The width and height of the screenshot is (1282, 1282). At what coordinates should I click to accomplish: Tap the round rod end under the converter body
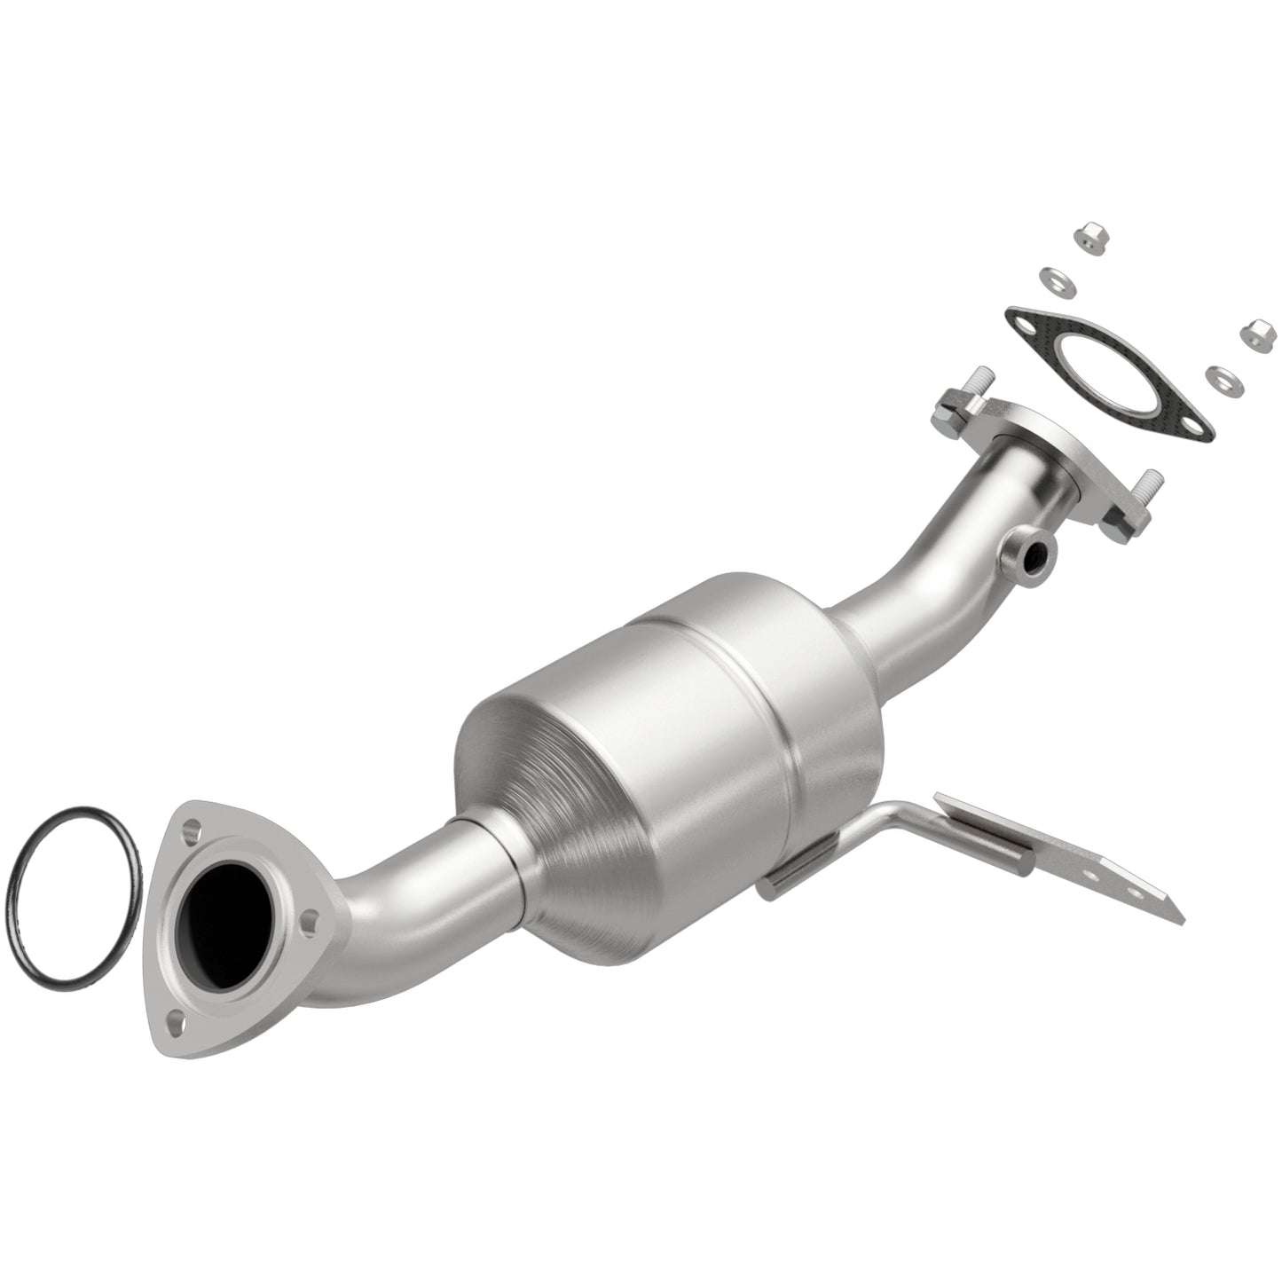[x=768, y=890]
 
